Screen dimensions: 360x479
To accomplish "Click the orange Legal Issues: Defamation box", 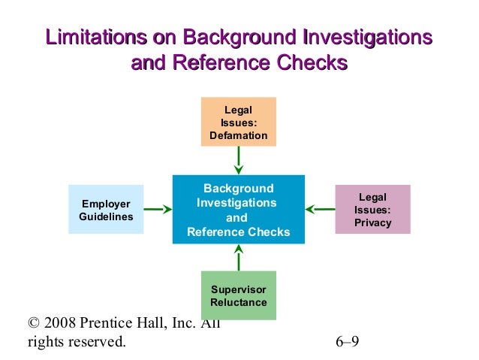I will coord(238,121).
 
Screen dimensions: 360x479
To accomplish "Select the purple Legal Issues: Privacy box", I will coord(372,209).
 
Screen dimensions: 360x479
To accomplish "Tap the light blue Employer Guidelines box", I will coord(106,210).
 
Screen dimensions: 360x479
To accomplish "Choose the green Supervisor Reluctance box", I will coord(238,295).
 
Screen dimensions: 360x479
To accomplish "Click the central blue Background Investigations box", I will coord(238,210).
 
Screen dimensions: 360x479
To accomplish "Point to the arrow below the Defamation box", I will coord(238,159).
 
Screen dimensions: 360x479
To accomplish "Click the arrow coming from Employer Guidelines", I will coord(158,210).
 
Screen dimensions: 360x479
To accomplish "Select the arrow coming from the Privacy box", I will coord(321,210).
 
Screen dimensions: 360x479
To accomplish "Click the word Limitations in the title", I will coord(95,37).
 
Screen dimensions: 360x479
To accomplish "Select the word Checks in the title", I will coord(311,63).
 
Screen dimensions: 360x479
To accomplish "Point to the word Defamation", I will coord(239,136).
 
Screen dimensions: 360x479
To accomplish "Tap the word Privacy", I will coord(373,223).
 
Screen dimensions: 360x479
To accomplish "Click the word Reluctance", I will coord(239,303).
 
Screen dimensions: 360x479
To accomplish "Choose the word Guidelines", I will coord(106,217).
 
